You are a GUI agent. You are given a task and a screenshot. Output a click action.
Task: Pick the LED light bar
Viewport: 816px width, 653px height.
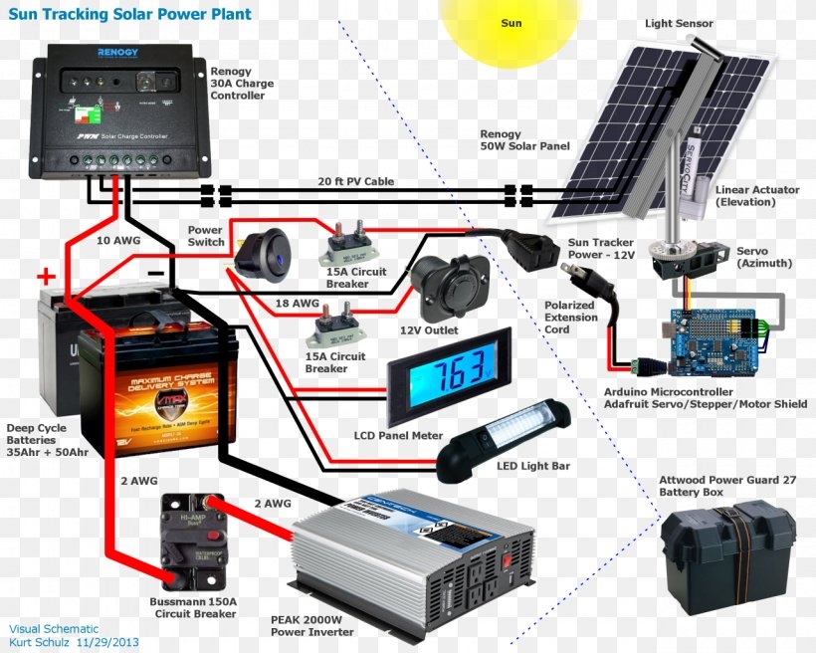505,434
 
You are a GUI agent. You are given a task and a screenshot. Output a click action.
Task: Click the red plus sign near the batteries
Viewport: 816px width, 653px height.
46,276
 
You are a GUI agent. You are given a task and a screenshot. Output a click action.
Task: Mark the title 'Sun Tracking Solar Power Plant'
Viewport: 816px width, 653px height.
129,15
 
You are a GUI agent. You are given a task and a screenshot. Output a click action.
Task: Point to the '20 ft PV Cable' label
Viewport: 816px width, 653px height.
356,182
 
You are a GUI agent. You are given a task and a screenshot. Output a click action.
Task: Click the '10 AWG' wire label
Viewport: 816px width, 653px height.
118,240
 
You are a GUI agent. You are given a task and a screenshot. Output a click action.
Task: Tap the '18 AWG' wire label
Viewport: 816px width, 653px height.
298,303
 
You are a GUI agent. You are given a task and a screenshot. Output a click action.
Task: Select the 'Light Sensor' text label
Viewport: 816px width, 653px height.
677,23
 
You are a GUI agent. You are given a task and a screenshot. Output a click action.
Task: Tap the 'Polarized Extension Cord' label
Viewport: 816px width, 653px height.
571,318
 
